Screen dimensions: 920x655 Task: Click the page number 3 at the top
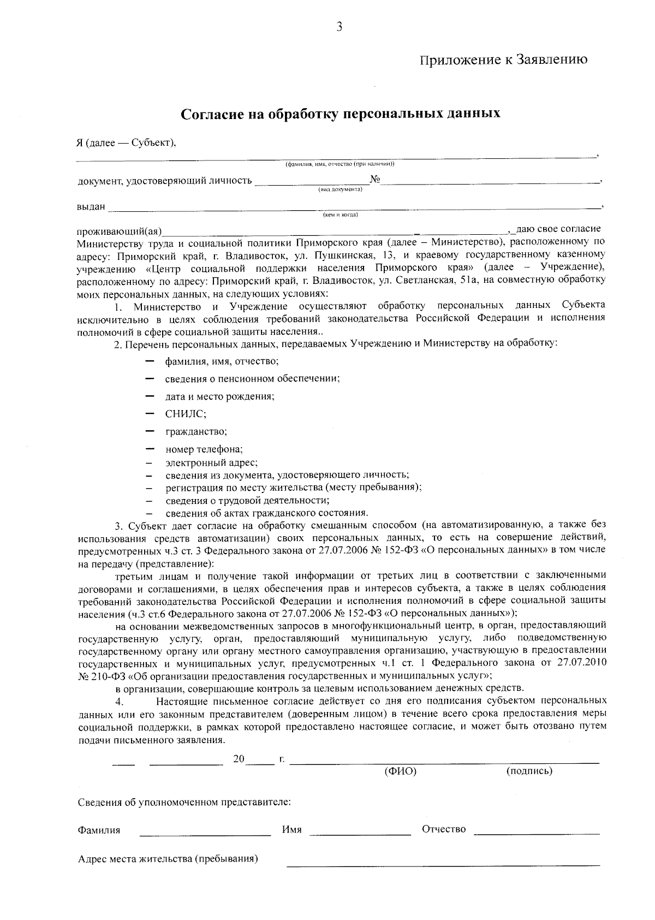[x=339, y=27]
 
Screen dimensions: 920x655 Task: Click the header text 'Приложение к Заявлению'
[x=503, y=60]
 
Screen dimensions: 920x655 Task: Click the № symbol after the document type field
[x=375, y=180]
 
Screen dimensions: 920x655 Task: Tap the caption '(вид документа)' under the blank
[x=341, y=189]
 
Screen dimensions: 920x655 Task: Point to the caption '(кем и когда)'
[x=341, y=215]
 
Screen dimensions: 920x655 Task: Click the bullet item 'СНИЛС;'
[x=186, y=414]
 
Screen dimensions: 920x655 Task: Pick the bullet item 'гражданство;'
[x=196, y=431]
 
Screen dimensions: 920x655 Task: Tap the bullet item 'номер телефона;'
[x=204, y=449]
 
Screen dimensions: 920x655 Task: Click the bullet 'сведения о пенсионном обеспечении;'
[x=253, y=378]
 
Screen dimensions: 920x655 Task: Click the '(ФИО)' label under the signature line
[x=401, y=771]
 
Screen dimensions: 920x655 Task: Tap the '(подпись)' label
[x=529, y=771]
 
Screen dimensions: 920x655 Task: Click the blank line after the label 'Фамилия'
[x=205, y=834]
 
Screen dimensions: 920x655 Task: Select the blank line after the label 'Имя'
[x=360, y=834]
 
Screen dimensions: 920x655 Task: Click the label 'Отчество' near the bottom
[x=444, y=829]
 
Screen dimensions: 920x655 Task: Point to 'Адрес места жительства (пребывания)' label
[x=168, y=859]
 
